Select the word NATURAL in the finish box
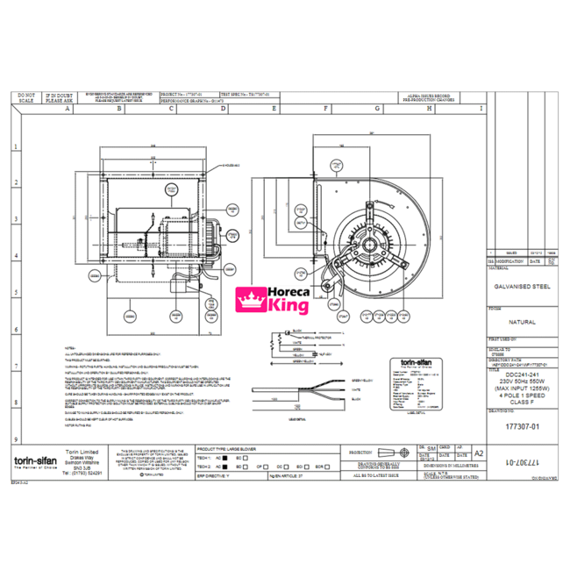[522, 322]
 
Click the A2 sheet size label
[478, 453]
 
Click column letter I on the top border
[481, 110]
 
